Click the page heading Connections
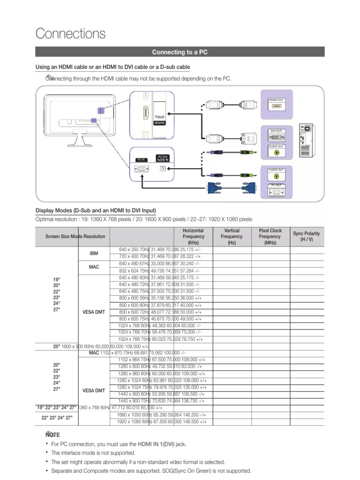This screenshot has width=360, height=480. (x=71, y=34)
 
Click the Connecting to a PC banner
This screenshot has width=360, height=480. (x=180, y=52)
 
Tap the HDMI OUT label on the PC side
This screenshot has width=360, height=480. (x=276, y=100)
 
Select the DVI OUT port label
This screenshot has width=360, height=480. (x=276, y=131)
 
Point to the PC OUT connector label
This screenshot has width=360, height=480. (x=276, y=185)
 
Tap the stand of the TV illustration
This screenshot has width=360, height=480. (x=79, y=140)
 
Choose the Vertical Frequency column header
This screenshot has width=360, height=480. (x=232, y=237)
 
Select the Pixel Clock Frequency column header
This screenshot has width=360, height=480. (x=270, y=237)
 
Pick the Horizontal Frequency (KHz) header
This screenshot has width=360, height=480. (x=194, y=237)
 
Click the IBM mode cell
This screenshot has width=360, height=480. (x=94, y=253)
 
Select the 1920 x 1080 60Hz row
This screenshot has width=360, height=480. (x=162, y=422)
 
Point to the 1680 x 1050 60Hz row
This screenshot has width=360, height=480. (x=162, y=415)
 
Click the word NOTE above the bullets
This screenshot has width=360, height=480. (x=52, y=435)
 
